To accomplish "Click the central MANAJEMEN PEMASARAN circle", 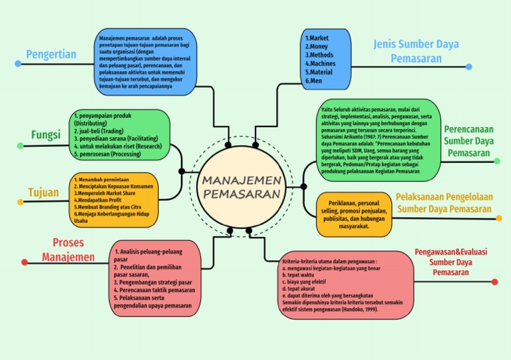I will click(x=241, y=187).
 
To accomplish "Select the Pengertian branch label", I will click(x=51, y=54).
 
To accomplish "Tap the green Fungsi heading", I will click(x=46, y=135).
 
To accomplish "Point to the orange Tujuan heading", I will click(x=43, y=192).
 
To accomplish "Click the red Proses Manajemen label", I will click(x=68, y=250).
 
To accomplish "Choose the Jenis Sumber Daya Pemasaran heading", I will click(x=416, y=51).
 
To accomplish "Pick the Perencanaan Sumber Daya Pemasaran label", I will click(x=468, y=140).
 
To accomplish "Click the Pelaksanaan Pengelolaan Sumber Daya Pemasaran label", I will click(x=444, y=203).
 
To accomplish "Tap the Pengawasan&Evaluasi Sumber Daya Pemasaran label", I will click(x=450, y=262).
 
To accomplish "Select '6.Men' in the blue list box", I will click(x=313, y=81).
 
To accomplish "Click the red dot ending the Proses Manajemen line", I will click(x=25, y=262).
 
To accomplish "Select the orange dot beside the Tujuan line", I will click(x=14, y=206).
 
